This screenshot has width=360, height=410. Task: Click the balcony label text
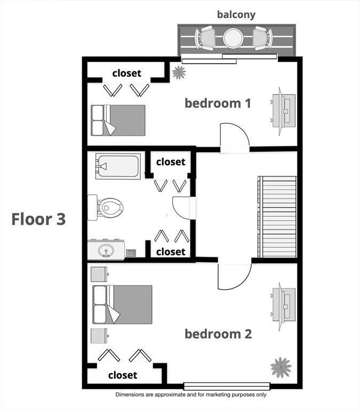coord(236,14)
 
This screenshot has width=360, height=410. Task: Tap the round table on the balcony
coord(233,38)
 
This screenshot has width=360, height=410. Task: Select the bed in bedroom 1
coord(118,120)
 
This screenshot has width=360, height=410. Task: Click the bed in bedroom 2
coord(122,305)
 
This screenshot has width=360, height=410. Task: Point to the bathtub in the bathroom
coord(118,166)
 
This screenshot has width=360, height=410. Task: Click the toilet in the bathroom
coord(105,208)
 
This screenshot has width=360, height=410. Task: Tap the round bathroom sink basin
coord(106,251)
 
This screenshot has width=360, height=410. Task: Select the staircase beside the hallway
coord(277,217)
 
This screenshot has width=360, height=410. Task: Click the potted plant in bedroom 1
coord(179,72)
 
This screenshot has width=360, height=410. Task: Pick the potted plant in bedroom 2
coord(281,367)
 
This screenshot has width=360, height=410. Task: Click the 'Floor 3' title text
coord(38,219)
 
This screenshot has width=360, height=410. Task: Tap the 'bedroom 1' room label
coord(218,103)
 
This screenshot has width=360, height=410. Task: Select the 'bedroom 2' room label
coord(218,334)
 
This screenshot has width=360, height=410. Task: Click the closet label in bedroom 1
coord(127,73)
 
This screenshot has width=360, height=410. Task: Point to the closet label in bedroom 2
coord(123,375)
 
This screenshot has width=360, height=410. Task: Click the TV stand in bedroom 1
coord(283,111)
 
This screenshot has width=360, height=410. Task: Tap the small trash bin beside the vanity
coord(131,253)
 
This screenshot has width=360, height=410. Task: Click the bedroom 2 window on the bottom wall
coord(227,386)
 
